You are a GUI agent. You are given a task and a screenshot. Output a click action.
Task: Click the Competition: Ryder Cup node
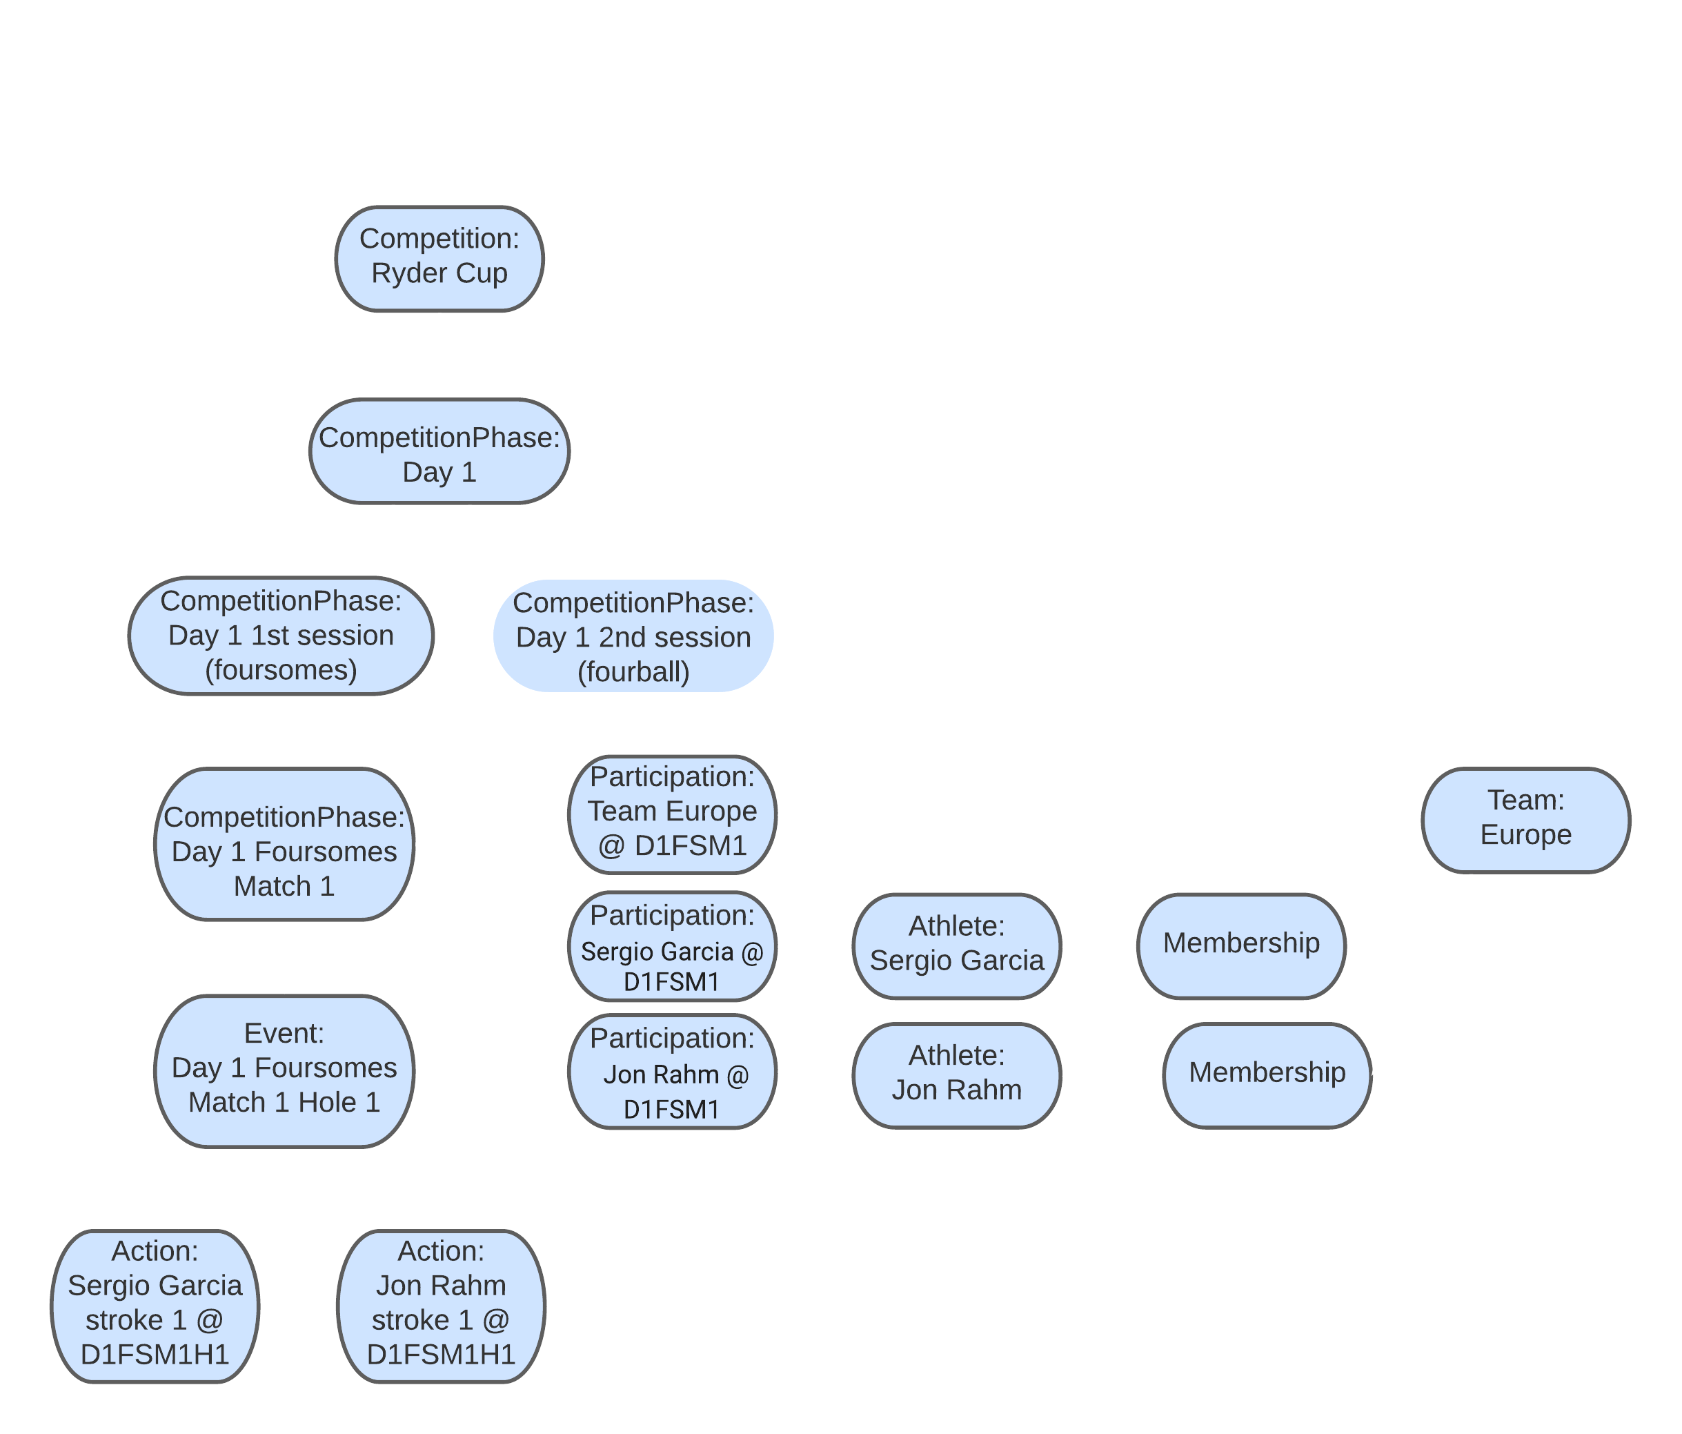click(439, 258)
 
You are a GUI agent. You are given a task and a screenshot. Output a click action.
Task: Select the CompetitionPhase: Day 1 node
click(439, 451)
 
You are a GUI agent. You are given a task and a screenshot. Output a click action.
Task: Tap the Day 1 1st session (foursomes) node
click(281, 636)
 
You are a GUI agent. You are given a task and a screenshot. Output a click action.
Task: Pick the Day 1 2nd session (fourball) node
click(633, 637)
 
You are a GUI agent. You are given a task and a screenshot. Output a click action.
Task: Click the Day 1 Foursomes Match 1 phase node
click(284, 845)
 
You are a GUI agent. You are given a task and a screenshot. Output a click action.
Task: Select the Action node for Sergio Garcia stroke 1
click(155, 1305)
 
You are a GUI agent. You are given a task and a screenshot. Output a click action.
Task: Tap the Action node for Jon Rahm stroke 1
click(441, 1305)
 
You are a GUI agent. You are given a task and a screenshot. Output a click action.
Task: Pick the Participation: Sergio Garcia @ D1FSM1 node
click(672, 947)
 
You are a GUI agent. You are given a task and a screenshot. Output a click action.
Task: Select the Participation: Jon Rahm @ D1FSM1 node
click(672, 1072)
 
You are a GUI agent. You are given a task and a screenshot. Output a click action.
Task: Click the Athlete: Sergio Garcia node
click(956, 946)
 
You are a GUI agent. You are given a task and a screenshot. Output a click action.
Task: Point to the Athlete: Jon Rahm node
click(956, 1075)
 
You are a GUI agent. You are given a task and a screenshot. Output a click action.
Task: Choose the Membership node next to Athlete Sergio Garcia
click(1241, 945)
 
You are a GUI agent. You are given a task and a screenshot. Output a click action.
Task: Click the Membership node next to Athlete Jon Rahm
click(1267, 1075)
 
